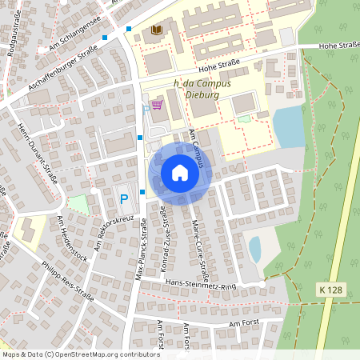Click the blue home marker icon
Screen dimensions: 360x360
tap(179, 173)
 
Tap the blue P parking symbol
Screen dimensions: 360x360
tap(124, 198)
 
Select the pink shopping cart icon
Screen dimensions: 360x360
tap(157, 105)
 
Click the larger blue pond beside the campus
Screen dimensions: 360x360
tap(288, 126)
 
